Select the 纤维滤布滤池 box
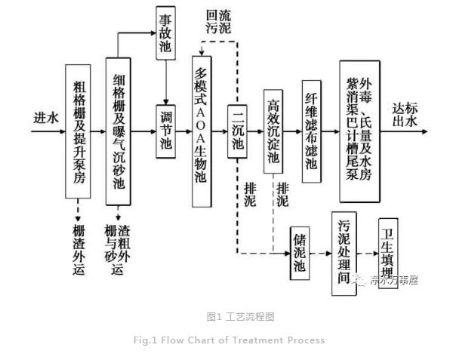click(310, 132)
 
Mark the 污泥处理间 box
click(344, 253)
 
